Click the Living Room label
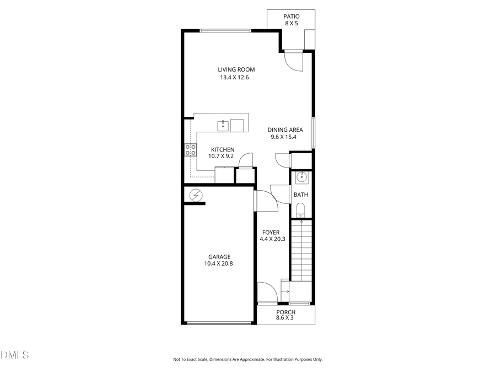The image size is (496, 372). click(236, 69)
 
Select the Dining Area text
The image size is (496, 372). click(286, 130)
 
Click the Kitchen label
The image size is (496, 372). click(223, 149)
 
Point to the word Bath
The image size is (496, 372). click(300, 195)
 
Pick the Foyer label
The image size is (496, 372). click(271, 232)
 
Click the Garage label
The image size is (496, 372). click(219, 257)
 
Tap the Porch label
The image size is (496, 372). click(285, 312)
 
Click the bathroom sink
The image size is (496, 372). click(301, 177)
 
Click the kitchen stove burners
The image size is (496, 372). click(190, 150)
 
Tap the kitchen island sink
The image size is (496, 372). click(223, 125)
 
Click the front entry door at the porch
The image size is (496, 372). click(267, 292)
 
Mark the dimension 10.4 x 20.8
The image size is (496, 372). click(219, 263)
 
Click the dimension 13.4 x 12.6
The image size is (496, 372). click(236, 78)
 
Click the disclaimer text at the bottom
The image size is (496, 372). click(247, 359)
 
